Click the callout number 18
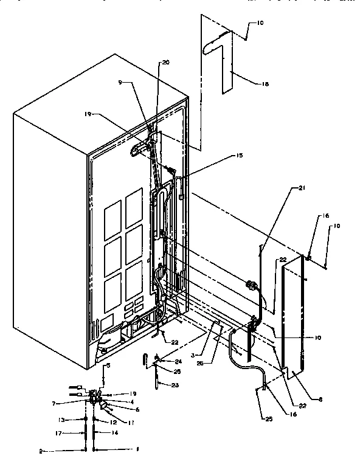(247, 85)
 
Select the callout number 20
(166, 62)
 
